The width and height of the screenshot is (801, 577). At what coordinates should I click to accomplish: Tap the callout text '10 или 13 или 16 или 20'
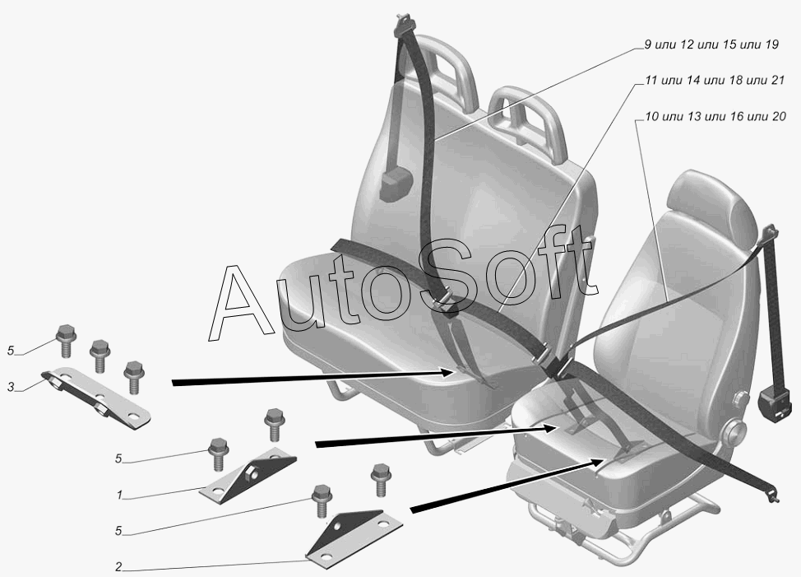coord(715,117)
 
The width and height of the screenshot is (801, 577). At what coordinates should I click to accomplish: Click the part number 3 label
coord(11,386)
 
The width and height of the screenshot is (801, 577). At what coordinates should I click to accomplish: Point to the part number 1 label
coord(119,496)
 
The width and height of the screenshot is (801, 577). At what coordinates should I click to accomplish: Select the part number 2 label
coord(119,567)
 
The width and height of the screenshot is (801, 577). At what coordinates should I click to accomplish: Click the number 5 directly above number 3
coord(11,351)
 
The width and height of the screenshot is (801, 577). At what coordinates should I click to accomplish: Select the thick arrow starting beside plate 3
coord(313,378)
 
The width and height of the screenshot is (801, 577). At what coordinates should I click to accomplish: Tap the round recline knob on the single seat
coord(734,430)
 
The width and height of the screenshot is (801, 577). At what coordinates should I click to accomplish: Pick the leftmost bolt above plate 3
coord(65,337)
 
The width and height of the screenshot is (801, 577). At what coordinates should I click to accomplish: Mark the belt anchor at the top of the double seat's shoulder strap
coord(405,26)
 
